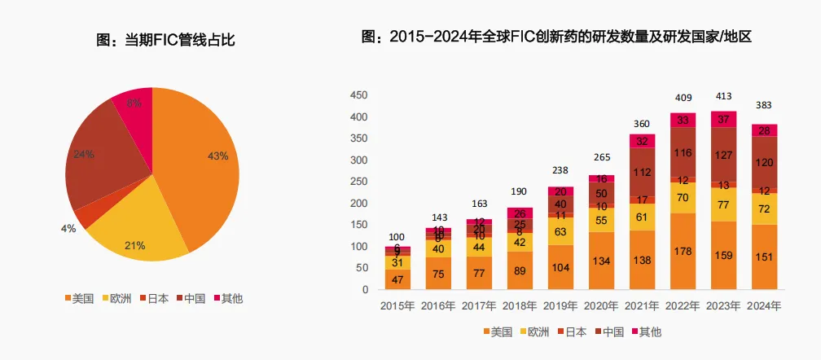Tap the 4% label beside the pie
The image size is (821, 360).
pos(68,229)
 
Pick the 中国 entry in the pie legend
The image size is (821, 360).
pos(194,298)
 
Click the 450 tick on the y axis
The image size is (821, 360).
pos(358,94)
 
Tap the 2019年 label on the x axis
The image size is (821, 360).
pos(560,306)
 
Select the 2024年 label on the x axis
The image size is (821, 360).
pos(764,306)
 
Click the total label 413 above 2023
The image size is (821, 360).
pos(723,96)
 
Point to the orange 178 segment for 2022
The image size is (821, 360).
pos(683,251)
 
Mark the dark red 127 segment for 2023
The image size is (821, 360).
pos(723,155)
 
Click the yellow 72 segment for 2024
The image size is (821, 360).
pos(764,209)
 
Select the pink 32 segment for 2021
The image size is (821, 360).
pos(642,141)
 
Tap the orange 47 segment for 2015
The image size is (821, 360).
pos(397,279)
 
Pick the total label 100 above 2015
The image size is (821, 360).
pos(397,236)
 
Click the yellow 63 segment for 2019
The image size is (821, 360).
pos(560,231)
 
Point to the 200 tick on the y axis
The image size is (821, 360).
pos(358,203)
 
